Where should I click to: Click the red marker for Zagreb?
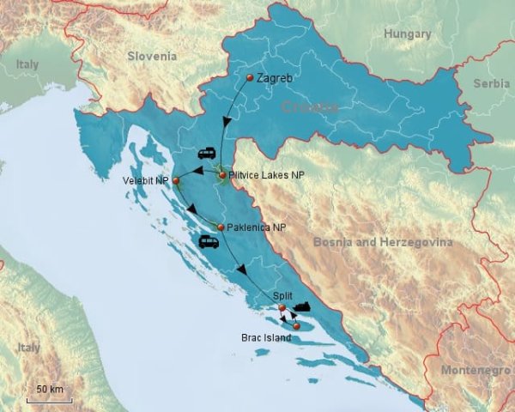click(249, 78)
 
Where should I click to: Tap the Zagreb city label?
click(276, 78)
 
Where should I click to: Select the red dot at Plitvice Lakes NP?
click(222, 175)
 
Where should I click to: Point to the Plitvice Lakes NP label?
click(267, 175)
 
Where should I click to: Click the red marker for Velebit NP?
click(175, 180)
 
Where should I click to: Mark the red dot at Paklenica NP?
click(220, 227)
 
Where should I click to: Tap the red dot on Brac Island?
click(296, 326)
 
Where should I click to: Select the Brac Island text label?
click(265, 338)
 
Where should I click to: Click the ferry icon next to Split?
click(302, 306)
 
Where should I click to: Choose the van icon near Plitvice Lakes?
click(207, 154)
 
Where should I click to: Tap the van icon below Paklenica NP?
click(209, 242)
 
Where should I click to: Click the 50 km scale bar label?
click(50, 390)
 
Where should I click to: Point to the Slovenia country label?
click(152, 56)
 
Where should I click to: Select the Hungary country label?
click(409, 34)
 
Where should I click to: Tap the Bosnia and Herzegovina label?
click(383, 243)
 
